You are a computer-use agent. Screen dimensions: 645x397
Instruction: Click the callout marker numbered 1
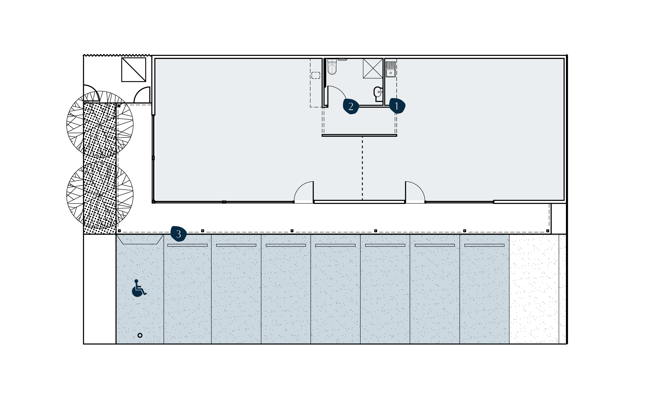pyautogui.click(x=397, y=106)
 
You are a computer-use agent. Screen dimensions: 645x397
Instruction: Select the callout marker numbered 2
pyautogui.click(x=351, y=106)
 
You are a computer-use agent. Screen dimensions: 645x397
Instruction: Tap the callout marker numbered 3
pyautogui.click(x=178, y=234)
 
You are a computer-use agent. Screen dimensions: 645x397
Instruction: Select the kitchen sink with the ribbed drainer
pyautogui.click(x=390, y=69)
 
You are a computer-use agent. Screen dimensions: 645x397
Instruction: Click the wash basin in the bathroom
pyautogui.click(x=378, y=92)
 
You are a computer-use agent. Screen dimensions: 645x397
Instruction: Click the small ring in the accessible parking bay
pyautogui.click(x=140, y=335)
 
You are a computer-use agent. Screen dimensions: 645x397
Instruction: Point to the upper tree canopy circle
pyautogui.click(x=100, y=124)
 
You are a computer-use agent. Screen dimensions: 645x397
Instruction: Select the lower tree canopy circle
pyautogui.click(x=100, y=195)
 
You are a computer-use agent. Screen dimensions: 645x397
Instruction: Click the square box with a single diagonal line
pyautogui.click(x=134, y=70)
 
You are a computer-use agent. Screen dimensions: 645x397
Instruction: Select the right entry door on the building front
pyautogui.click(x=415, y=192)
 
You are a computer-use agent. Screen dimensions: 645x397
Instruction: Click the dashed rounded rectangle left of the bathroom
pyautogui.click(x=316, y=75)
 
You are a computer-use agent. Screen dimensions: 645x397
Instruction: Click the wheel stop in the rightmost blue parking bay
pyautogui.click(x=484, y=245)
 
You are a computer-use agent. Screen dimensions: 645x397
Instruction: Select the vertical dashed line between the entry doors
pyautogui.click(x=362, y=168)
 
